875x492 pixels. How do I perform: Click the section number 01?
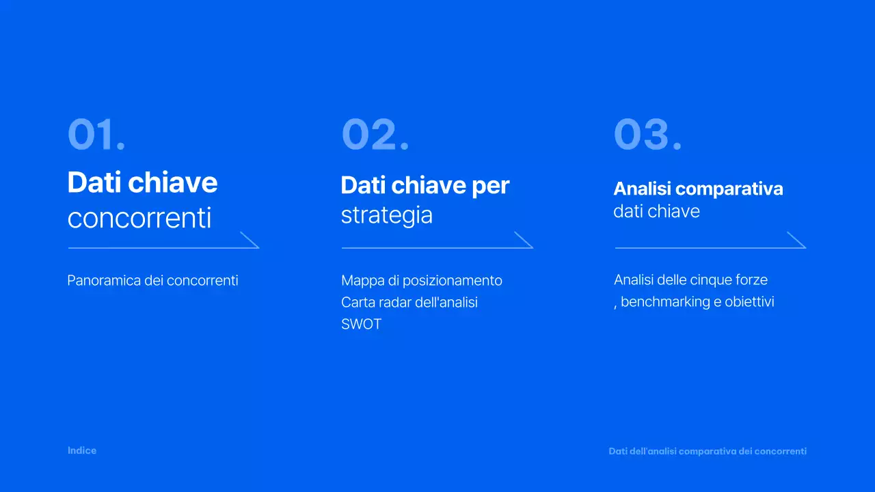coord(96,135)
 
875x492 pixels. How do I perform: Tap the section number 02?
coord(375,135)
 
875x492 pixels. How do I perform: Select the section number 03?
coord(647,135)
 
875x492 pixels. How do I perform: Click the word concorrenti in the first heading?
coord(139,219)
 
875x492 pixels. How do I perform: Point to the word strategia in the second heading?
coord(387,215)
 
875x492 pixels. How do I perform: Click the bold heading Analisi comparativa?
coord(698,189)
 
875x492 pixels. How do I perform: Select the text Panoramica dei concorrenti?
coord(152,280)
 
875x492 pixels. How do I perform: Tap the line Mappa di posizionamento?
coord(422,280)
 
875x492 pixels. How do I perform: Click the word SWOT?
coord(361,324)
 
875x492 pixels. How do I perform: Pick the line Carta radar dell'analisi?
coord(409,302)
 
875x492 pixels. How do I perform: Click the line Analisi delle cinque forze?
coord(690,279)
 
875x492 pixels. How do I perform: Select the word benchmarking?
coord(666,301)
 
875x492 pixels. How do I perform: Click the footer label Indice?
coord(82,450)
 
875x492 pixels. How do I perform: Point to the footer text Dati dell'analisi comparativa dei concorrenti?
coord(708,451)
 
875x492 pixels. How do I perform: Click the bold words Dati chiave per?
coord(425,185)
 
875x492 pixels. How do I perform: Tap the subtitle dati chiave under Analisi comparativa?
coord(656,211)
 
